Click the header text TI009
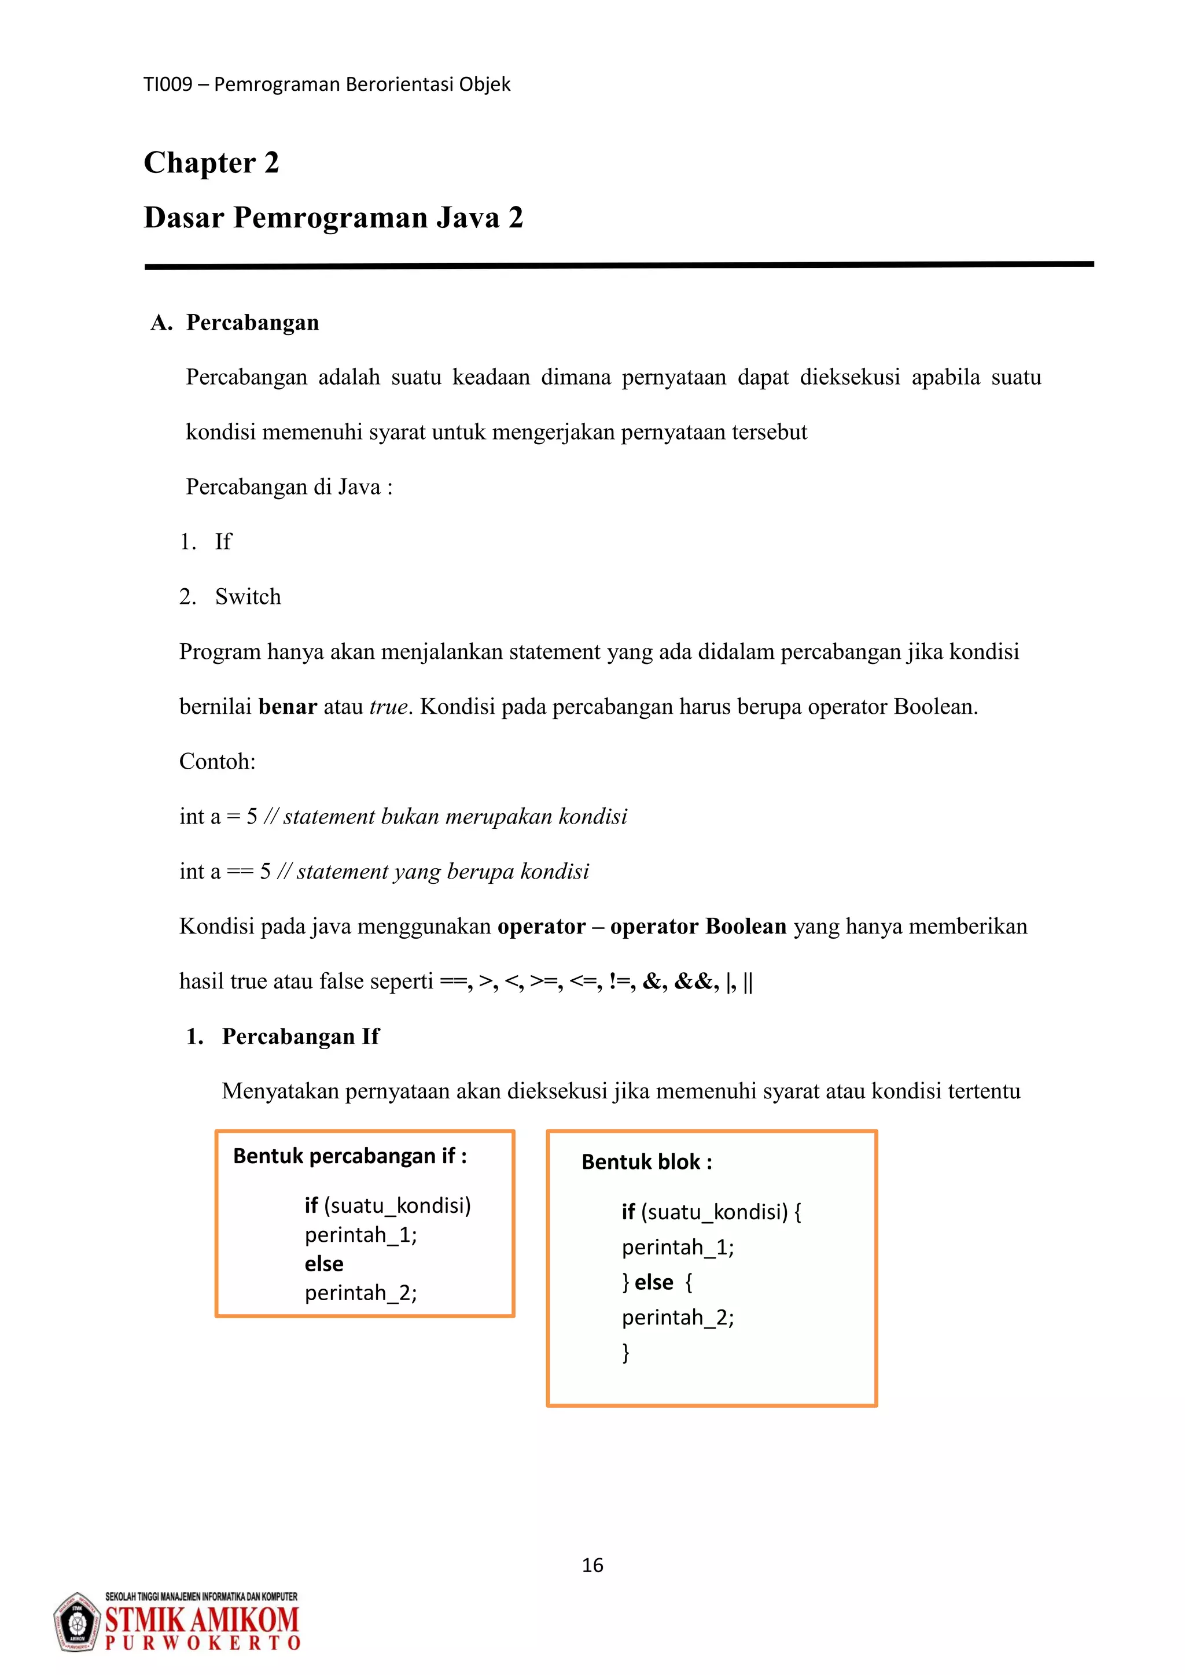[168, 84]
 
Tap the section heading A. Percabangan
[235, 323]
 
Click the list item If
[223, 542]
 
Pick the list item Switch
[248, 597]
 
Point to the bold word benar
[288, 707]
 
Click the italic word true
[388, 707]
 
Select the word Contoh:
[218, 762]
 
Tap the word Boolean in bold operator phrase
[746, 927]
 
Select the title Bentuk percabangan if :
[350, 1156]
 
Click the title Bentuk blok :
[646, 1162]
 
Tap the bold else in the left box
[324, 1264]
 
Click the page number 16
[592, 1566]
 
